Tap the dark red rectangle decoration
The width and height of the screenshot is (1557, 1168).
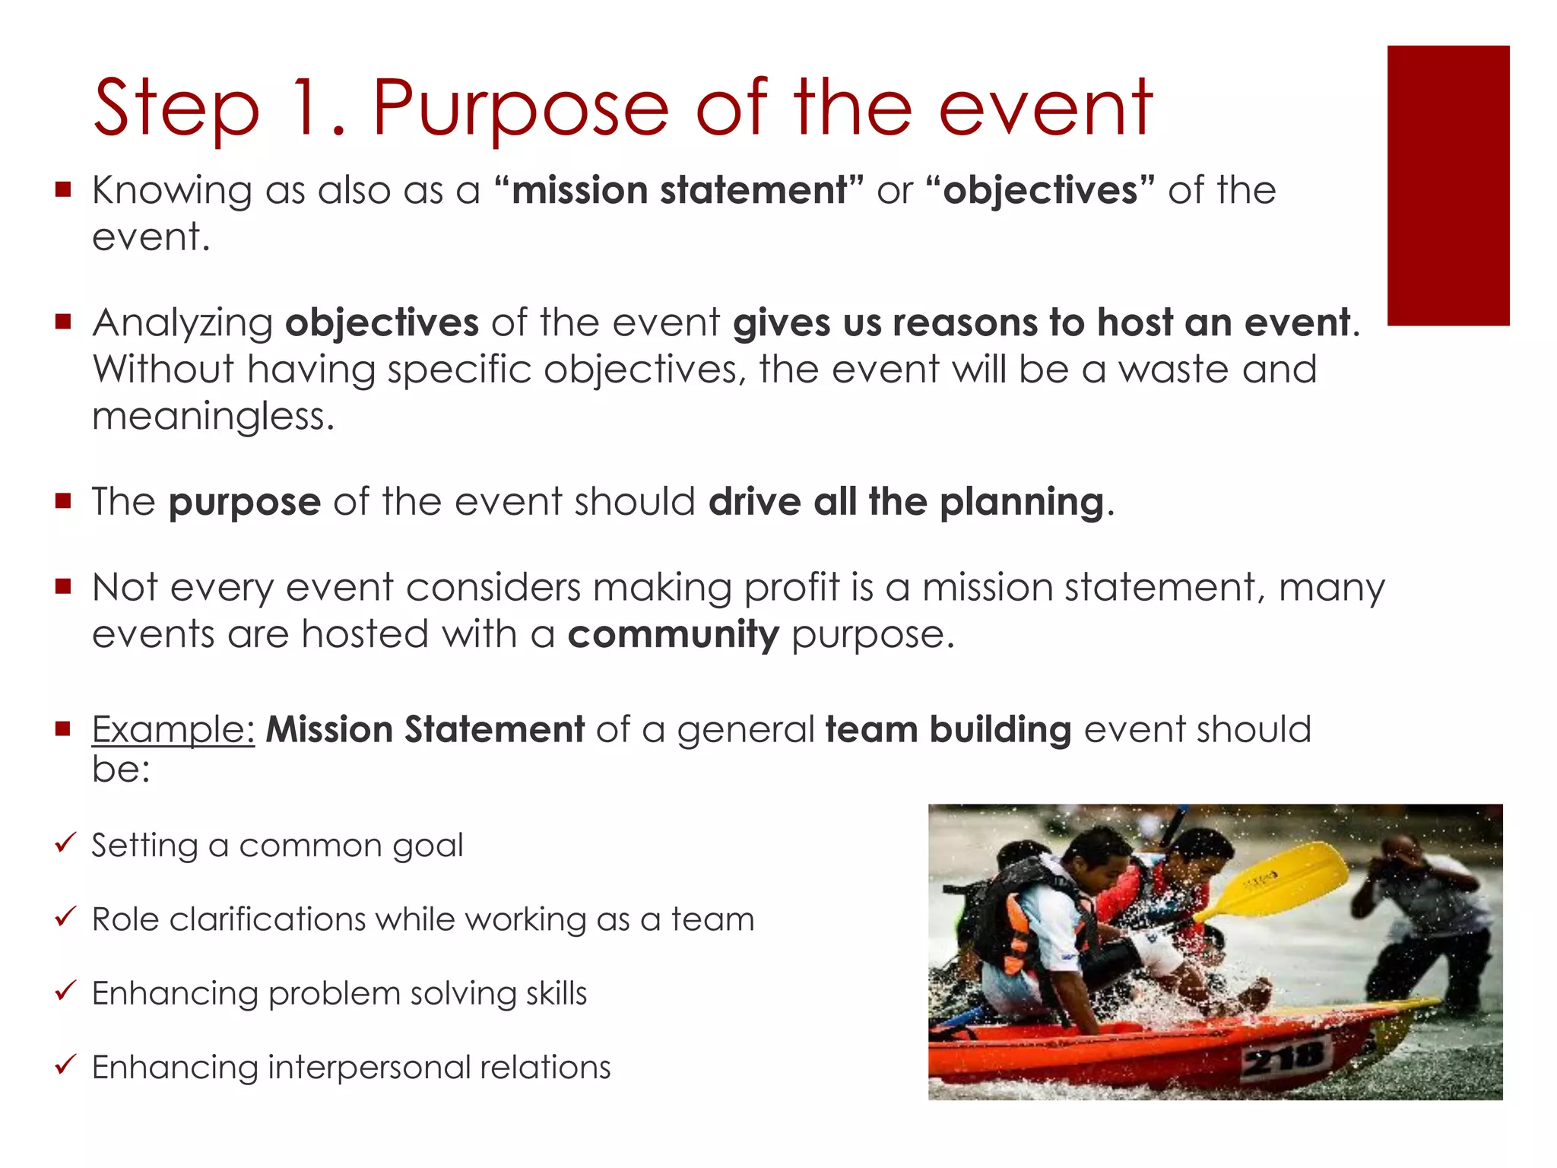pos(1448,186)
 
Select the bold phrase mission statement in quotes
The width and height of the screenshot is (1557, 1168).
pos(678,190)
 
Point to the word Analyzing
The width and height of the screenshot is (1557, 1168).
pos(182,323)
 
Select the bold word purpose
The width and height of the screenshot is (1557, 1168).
pos(244,503)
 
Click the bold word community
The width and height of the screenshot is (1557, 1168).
pos(673,634)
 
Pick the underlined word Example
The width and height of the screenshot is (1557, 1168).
pos(173,730)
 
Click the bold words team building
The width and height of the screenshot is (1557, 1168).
pos(948,730)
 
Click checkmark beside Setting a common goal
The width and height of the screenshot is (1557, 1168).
pos(65,842)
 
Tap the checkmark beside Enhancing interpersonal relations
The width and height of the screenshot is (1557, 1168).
pos(65,1064)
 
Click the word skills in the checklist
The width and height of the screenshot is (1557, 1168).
pos(554,993)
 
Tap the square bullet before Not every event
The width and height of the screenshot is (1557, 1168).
pos(63,586)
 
